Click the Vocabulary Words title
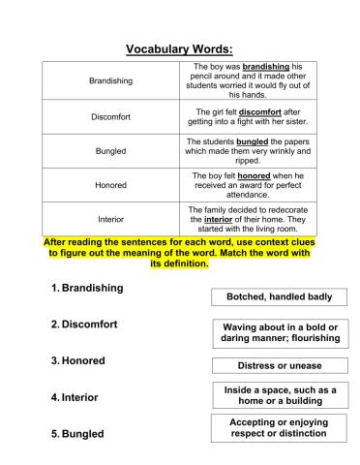pos(180,49)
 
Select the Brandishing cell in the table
pos(110,80)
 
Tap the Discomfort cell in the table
pos(110,117)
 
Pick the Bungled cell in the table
pos(110,151)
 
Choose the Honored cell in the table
pos(110,184)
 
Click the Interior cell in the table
pos(110,219)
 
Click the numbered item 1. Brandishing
pos(86,288)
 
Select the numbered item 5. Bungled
pos(76,434)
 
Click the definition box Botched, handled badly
pos(279,296)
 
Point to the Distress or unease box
pos(279,365)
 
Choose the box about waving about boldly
pos(279,333)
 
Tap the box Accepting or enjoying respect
pos(279,428)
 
